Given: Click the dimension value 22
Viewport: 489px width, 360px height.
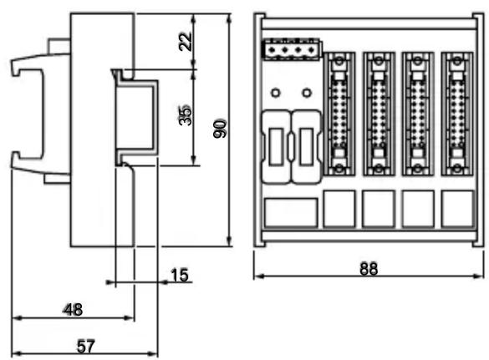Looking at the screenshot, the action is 186,41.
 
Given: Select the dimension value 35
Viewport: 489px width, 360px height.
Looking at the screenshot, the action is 186,115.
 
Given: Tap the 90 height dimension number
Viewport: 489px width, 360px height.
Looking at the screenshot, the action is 220,129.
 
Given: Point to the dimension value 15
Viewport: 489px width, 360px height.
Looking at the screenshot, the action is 180,276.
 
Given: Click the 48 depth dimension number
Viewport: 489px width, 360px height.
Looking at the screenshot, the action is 73,310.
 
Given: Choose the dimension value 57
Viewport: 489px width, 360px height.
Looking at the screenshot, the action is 86,347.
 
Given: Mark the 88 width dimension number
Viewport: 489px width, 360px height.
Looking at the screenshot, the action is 369,269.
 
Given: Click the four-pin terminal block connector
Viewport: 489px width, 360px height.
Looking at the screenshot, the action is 291,49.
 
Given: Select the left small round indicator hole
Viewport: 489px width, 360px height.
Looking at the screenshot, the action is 276,93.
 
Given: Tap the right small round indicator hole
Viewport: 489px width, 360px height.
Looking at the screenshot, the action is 307,93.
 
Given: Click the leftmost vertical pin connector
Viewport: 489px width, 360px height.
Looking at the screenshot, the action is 339,114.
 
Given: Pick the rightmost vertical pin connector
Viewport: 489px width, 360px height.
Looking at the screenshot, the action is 457,114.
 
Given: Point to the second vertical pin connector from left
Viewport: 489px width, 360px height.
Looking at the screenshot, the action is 379,114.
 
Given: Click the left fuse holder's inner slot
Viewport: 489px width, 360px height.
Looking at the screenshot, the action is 276,146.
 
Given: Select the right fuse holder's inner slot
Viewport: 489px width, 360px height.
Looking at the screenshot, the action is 306,146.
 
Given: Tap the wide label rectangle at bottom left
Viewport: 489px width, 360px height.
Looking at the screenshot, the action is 291,212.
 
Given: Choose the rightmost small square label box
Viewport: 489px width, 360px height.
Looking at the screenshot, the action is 457,209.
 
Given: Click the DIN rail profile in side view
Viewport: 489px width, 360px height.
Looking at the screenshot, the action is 136,117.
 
